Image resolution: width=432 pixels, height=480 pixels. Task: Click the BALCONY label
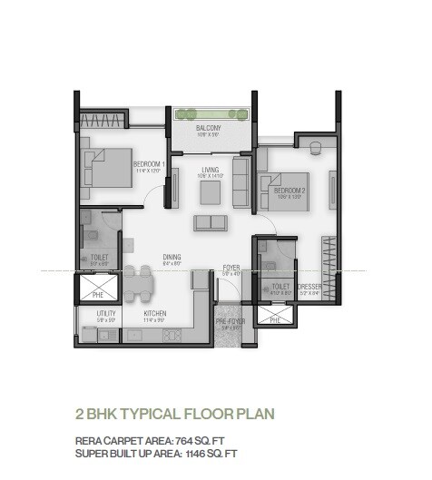pos(209,129)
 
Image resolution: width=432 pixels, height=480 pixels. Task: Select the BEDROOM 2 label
pos(280,191)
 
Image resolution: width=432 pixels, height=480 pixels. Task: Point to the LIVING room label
pos(211,170)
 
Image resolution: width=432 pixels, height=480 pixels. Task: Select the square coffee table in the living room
pos(211,191)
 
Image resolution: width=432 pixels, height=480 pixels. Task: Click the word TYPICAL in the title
pos(157,415)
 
